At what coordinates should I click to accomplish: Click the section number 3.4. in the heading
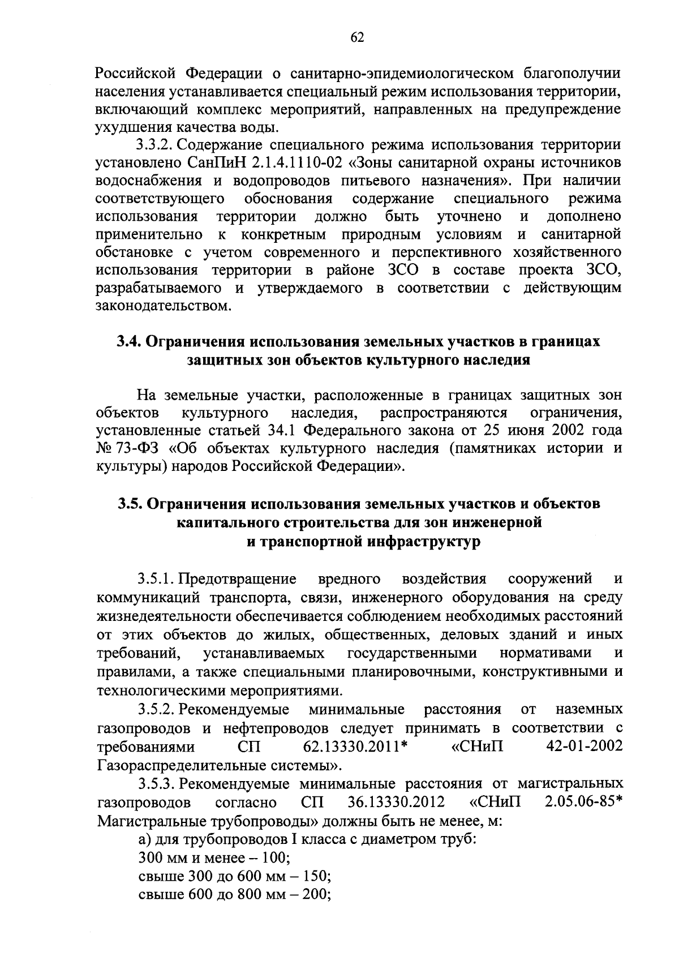[130, 341]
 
